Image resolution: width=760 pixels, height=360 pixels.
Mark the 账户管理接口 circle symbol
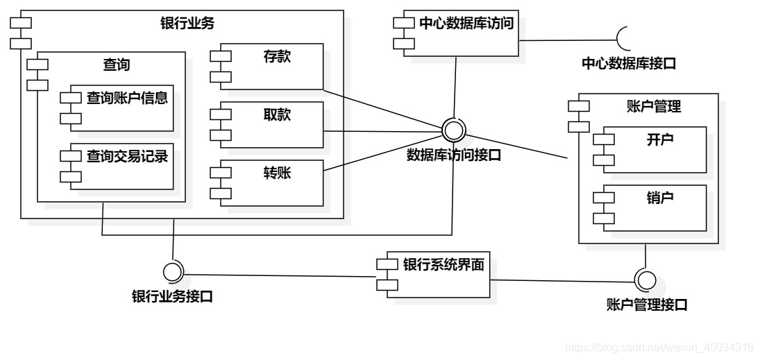tap(645, 280)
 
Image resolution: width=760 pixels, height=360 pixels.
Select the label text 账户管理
tap(648, 107)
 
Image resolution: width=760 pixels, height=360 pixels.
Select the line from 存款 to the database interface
tap(382, 108)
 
